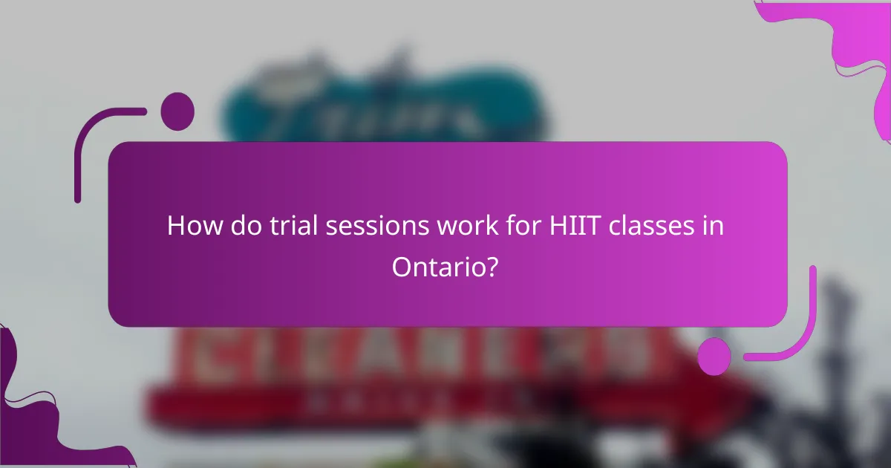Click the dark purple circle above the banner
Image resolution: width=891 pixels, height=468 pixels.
tap(177, 111)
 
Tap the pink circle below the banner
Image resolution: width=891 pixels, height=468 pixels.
tap(714, 357)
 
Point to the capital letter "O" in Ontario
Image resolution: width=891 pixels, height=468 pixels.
tap(402, 267)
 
